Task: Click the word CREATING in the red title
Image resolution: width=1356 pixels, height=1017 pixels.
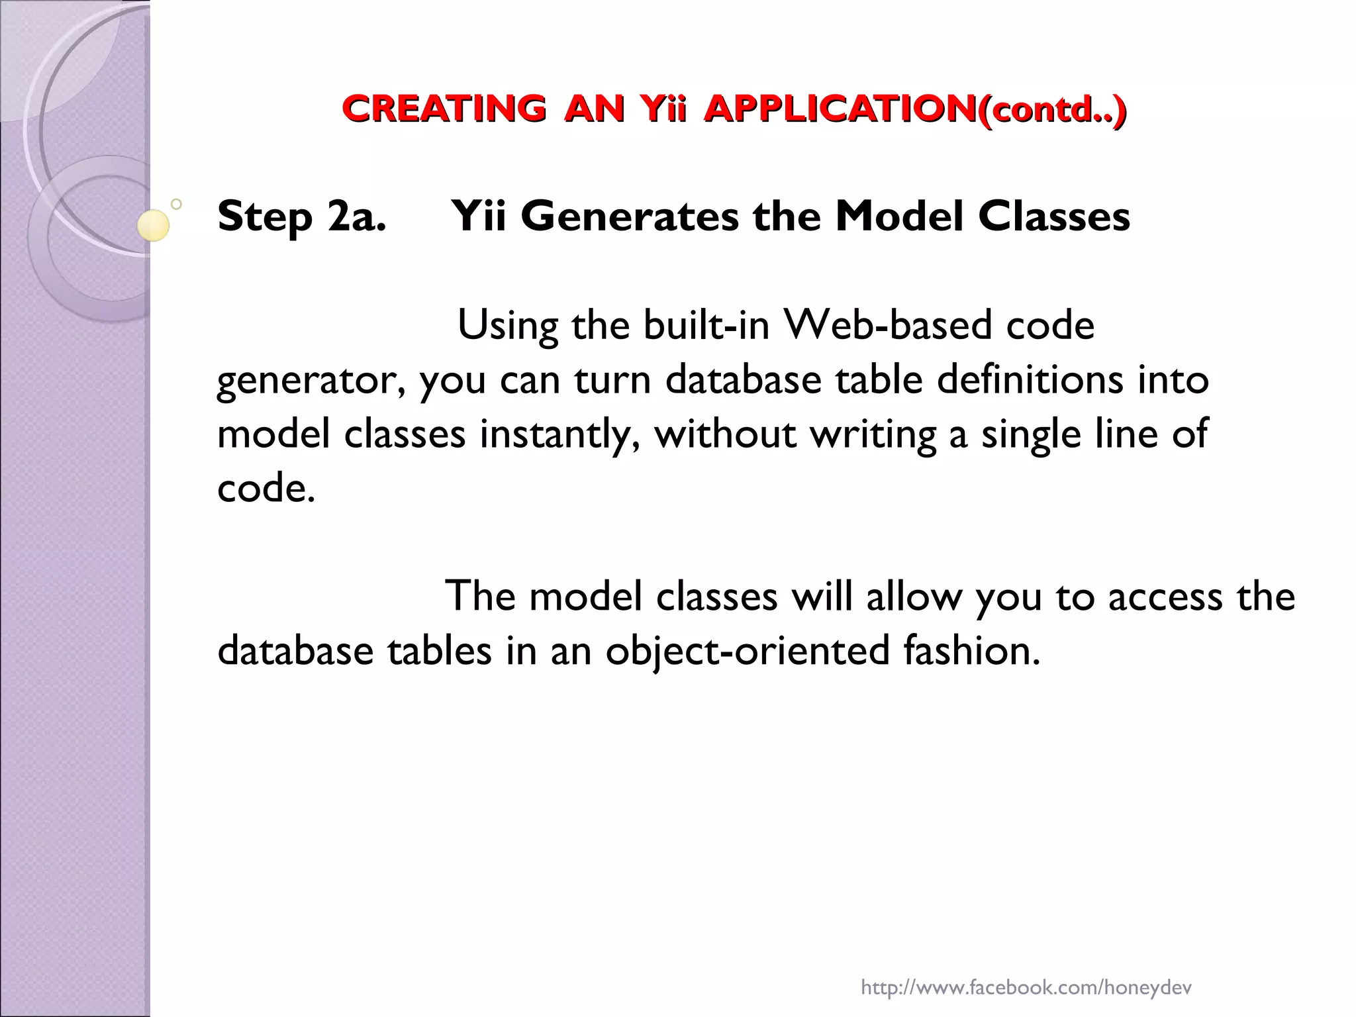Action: point(444,109)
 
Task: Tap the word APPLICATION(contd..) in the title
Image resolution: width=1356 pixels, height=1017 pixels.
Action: point(914,109)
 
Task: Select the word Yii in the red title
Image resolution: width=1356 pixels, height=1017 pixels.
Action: point(662,109)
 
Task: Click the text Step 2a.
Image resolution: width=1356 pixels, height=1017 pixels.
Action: point(301,217)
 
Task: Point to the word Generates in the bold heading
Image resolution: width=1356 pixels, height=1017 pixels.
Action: point(629,217)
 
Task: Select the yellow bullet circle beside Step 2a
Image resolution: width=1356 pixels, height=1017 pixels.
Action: point(153,224)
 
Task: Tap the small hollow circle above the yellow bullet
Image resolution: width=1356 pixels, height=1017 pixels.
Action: point(176,204)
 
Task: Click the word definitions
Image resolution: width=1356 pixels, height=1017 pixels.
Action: point(1030,380)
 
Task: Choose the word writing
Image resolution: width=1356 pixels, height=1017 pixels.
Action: point(873,435)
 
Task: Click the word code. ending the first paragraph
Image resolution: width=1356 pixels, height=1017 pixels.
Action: point(266,489)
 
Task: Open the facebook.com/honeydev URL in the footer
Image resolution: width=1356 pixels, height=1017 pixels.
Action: point(1026,970)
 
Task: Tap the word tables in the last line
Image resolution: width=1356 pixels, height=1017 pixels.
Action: point(440,651)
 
